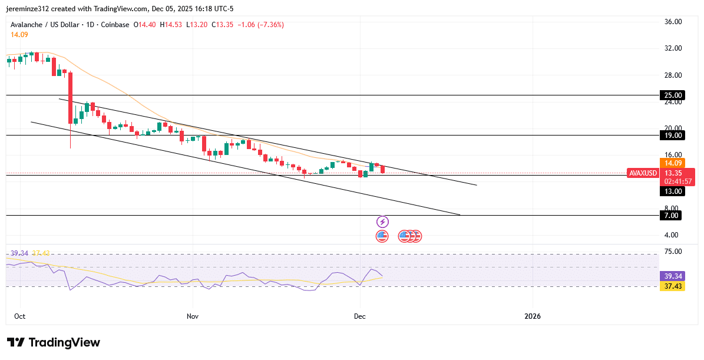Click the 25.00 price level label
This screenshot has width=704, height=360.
673,95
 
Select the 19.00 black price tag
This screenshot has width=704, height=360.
673,136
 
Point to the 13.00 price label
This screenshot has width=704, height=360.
673,191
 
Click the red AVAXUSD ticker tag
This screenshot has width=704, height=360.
643,173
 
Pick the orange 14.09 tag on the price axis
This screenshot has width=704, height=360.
673,163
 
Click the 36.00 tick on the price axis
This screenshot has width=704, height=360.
673,22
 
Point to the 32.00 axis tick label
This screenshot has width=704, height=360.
673,48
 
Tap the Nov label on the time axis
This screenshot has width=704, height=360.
192,316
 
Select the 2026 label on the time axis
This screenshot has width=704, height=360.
533,316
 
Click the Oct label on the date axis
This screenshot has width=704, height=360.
19,316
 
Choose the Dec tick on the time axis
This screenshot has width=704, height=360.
360,316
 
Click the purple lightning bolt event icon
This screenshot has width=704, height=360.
383,222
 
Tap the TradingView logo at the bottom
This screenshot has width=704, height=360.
54,342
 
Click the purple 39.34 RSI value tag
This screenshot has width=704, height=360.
673,276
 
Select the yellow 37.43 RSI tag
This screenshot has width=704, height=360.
673,286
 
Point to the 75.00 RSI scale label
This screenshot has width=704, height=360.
673,252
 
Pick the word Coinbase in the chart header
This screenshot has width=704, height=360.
115,25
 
